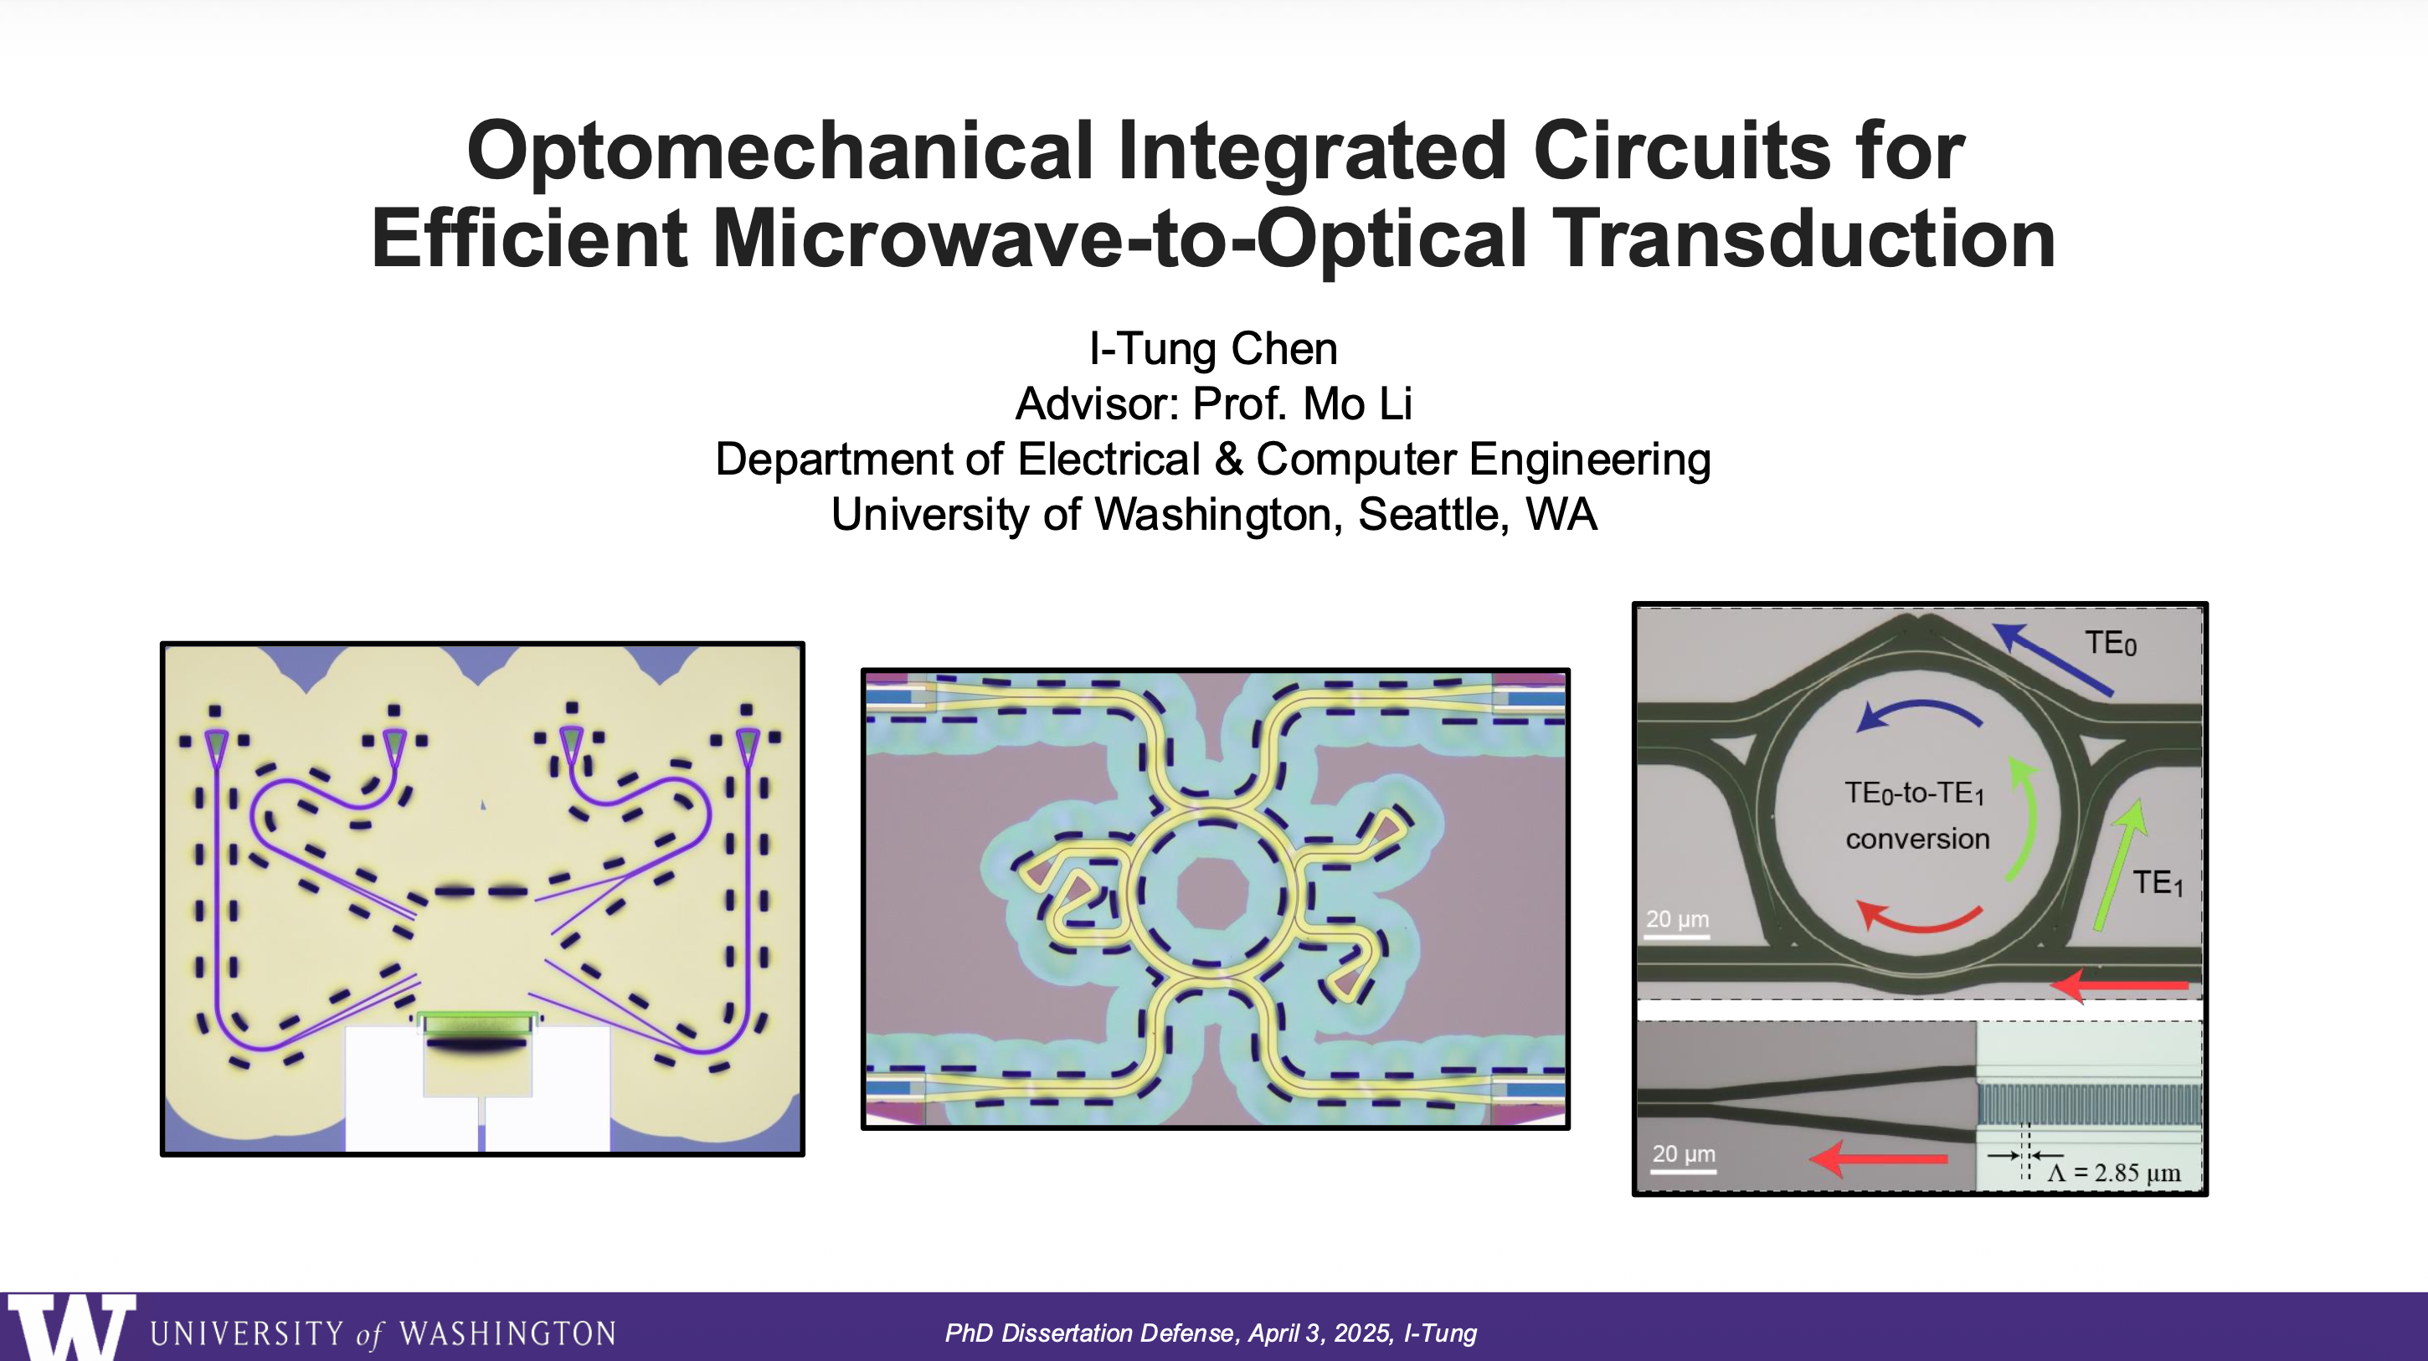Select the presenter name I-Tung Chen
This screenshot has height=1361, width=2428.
1213,349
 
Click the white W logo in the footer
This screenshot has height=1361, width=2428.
70,1327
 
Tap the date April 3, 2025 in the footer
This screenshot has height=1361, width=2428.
1319,1333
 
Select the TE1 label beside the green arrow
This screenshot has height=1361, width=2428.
2158,883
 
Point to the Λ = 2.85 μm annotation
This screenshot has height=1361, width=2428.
2114,1173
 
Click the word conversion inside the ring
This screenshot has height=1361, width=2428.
1917,839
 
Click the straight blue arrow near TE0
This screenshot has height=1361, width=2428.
2055,660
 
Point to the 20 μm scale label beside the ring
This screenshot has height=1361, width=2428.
1677,919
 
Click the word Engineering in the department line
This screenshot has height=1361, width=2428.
1589,460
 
